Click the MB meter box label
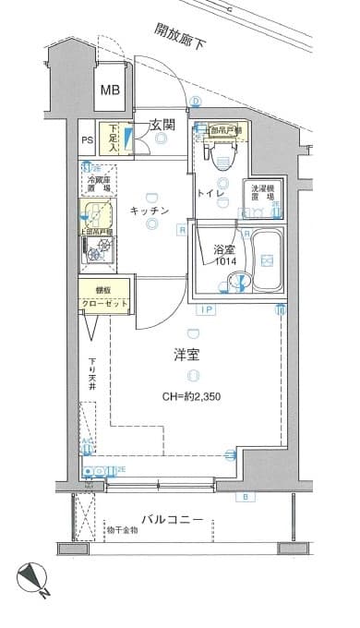click(110, 90)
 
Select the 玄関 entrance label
click(163, 124)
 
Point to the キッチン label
click(149, 211)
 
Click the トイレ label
click(208, 193)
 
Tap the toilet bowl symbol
click(220, 159)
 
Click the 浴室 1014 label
click(224, 255)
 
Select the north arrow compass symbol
click(32, 580)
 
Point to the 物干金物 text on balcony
click(121, 530)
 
